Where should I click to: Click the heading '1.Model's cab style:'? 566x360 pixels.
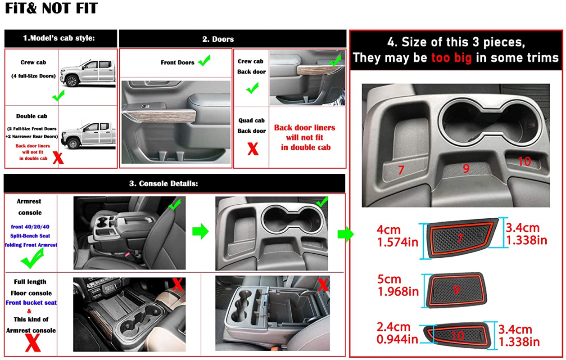pos(59,38)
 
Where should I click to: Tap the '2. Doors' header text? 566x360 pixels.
pos(218,39)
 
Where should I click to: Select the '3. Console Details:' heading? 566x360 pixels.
pos(163,184)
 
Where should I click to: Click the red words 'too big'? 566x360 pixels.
pos(451,58)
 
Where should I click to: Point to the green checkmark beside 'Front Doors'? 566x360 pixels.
pos(204,61)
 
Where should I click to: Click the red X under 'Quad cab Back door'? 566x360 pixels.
pos(253,148)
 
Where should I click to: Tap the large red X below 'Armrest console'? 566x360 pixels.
pos(33,342)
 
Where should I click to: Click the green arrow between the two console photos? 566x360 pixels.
pos(200,231)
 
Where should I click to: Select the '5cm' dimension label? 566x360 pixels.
pos(389,279)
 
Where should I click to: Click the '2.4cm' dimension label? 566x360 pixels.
pos(394,327)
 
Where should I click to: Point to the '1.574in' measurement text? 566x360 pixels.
pos(398,242)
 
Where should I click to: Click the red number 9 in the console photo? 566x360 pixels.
pos(466,168)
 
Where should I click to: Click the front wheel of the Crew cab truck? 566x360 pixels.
pos(72,81)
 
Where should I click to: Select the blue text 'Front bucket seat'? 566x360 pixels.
pos(31,302)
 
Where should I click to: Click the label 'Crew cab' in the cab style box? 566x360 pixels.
pos(33,62)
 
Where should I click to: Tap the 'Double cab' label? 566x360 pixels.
pos(32,116)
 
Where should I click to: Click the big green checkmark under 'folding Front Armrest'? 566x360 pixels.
pos(32,258)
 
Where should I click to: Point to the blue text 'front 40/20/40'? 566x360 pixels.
pos(30,227)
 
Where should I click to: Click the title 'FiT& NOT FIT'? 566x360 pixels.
pos(51,8)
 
